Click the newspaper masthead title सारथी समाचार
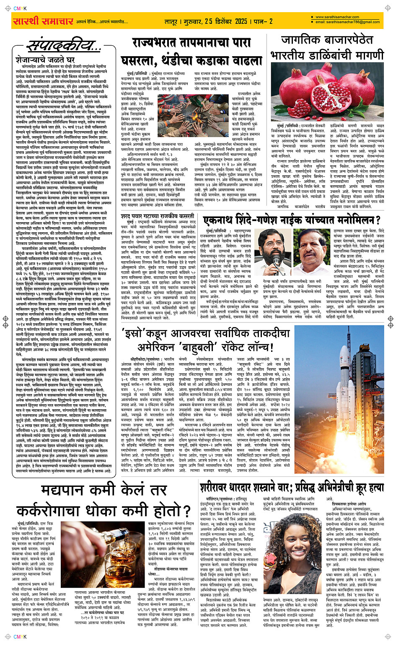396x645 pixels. (44, 21)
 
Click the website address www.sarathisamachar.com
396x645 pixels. (337, 17)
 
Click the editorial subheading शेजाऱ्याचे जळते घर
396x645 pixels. (45, 60)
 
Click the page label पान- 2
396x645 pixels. (263, 21)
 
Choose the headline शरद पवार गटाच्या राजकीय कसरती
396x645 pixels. (157, 216)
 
